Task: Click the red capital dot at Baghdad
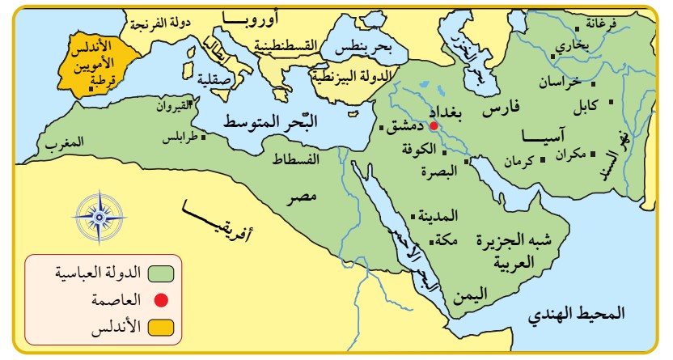[x=434, y=126]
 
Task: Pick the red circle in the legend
[x=161, y=300]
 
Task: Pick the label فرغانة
[x=626, y=24]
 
